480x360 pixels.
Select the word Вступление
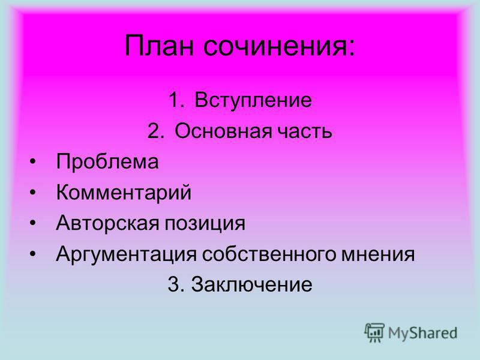[x=253, y=100]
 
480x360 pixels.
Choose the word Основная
[x=223, y=131]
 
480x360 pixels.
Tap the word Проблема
[x=107, y=161]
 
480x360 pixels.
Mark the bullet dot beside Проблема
[x=33, y=162]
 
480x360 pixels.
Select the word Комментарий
[x=124, y=193]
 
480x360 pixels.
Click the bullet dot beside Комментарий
[x=33, y=193]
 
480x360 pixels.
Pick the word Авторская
[x=107, y=223]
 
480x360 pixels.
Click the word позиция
[x=205, y=224]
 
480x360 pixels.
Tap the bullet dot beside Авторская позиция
[x=33, y=223]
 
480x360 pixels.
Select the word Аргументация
[x=126, y=254]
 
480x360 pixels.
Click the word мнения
[x=378, y=254]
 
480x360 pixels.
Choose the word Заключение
[x=251, y=284]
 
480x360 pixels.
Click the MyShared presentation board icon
[x=374, y=332]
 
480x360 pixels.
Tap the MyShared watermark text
[x=423, y=333]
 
